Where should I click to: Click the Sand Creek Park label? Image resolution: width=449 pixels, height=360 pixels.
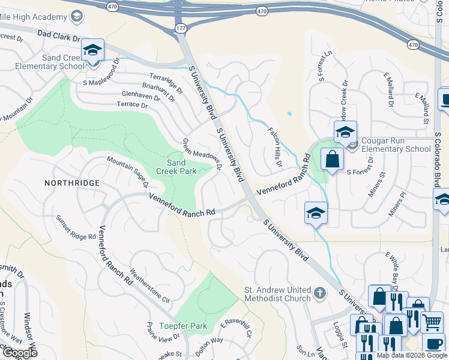181,167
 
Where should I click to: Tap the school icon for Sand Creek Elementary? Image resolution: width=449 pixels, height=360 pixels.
92,50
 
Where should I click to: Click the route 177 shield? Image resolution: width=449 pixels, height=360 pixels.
181,28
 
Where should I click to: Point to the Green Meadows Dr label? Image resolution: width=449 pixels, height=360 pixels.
202,155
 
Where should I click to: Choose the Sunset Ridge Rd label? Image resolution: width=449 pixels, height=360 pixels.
76,228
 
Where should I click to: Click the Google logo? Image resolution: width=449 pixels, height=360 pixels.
19,352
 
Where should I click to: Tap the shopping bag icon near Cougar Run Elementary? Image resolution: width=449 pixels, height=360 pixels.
332,159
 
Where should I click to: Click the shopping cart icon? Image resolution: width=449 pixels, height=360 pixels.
432,322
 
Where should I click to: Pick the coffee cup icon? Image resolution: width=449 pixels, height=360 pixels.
434,344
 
